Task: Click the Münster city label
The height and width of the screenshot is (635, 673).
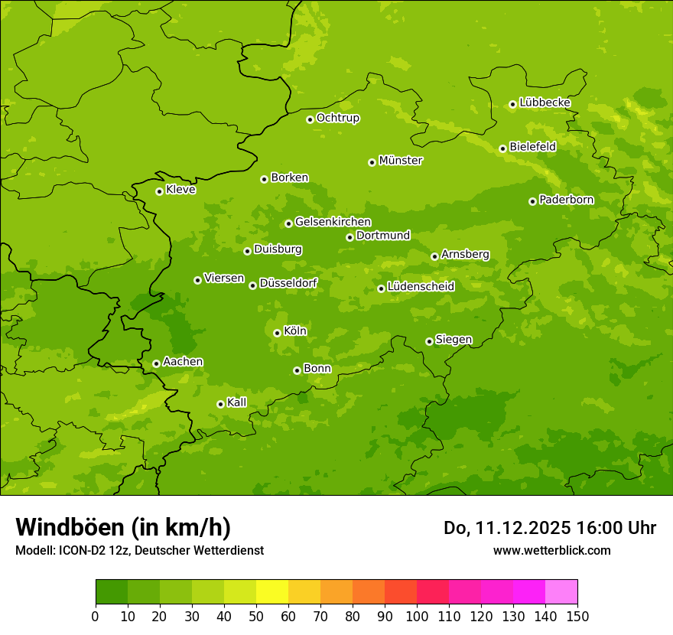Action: (x=401, y=161)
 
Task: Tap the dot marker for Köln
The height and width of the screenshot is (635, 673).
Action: (x=277, y=333)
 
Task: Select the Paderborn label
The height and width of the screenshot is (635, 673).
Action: (x=567, y=200)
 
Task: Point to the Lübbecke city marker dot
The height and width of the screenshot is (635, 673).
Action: (x=512, y=104)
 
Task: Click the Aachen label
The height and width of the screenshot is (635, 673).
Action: (x=183, y=361)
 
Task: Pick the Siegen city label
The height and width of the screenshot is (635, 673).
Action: (x=454, y=340)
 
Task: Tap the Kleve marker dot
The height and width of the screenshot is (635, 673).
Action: (x=159, y=191)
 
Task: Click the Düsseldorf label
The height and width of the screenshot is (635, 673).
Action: (x=288, y=283)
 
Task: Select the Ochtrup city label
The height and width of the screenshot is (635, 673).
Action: (x=338, y=118)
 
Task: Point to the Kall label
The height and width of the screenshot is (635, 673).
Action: (x=237, y=402)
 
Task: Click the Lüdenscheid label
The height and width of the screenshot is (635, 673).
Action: (x=421, y=287)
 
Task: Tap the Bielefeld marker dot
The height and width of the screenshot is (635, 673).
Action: (x=502, y=148)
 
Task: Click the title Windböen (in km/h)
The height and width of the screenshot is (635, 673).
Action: (x=123, y=527)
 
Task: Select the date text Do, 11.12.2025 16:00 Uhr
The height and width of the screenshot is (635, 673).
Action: (x=550, y=528)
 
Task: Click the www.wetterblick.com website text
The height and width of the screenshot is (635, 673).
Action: (x=551, y=550)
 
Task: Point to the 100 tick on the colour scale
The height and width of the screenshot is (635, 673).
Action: (x=417, y=616)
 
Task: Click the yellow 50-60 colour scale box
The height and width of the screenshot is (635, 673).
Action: (x=272, y=592)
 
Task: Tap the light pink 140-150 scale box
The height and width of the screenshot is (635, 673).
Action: (x=561, y=592)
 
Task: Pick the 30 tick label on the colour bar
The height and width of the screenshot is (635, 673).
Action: (x=192, y=616)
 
